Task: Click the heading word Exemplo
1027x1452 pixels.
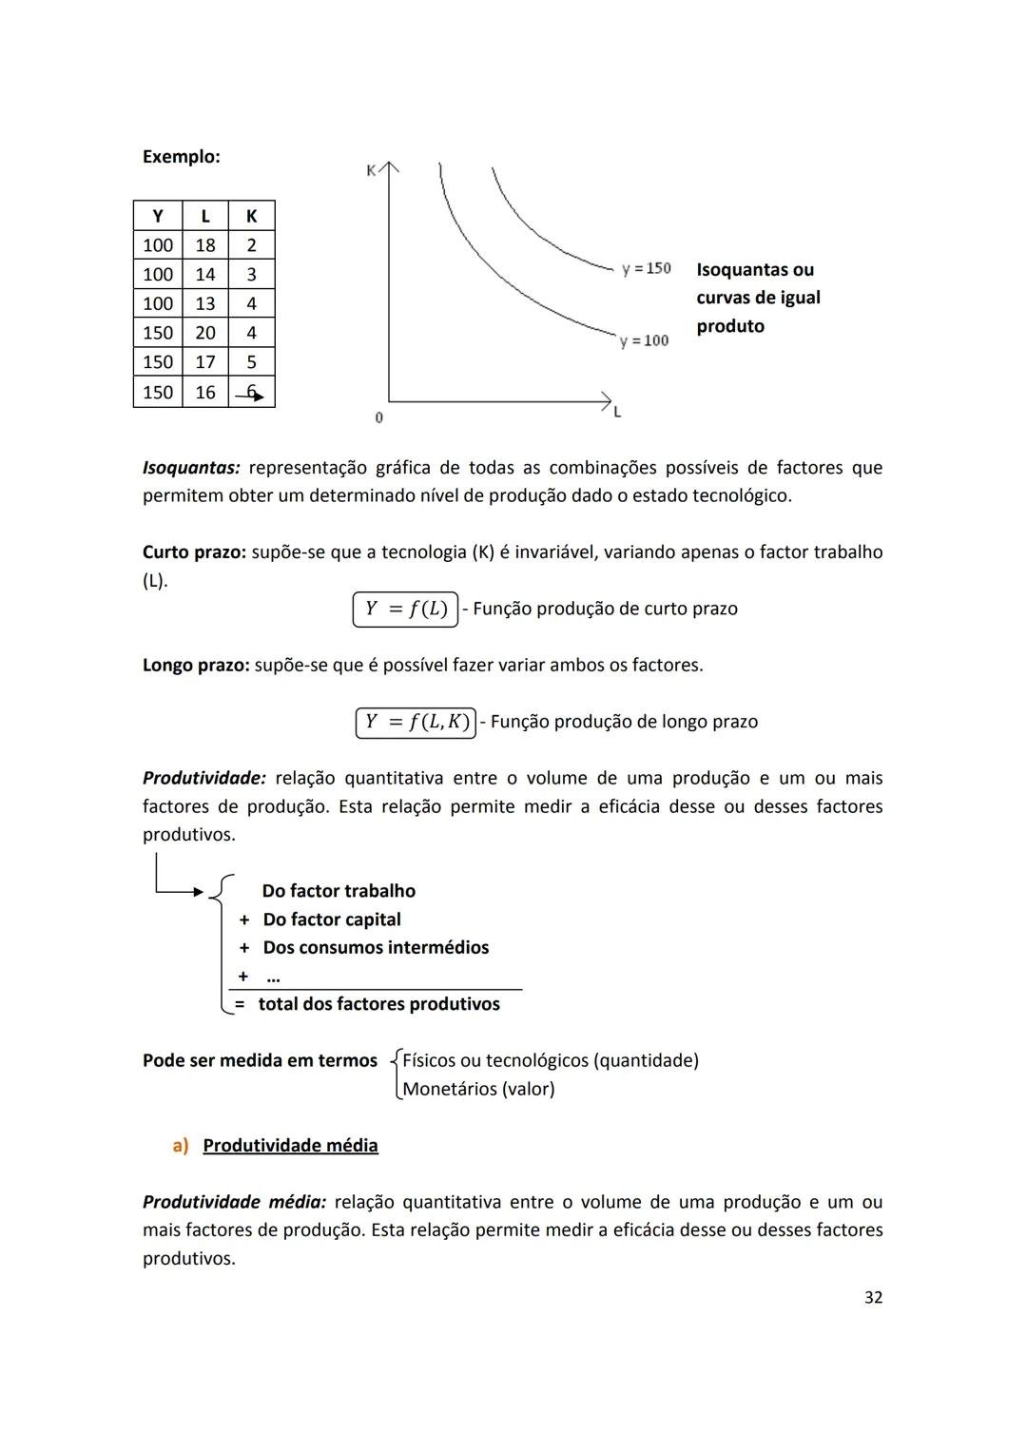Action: (181, 157)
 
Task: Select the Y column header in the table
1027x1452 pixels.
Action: (157, 216)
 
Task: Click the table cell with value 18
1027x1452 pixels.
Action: (205, 245)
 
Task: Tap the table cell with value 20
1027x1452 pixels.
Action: (205, 333)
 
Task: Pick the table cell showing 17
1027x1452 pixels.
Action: (205, 362)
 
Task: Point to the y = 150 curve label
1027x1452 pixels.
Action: (647, 269)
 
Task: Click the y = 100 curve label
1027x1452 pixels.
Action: (645, 340)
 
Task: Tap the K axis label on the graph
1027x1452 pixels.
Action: (371, 171)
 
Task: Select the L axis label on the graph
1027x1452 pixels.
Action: (617, 413)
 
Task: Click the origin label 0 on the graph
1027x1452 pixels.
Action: (378, 417)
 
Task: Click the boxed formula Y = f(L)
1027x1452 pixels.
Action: (406, 610)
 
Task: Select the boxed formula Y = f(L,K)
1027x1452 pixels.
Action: (417, 723)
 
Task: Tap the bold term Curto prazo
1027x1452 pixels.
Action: (194, 552)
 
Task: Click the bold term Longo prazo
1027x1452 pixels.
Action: (196, 666)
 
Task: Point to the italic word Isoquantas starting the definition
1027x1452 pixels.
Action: (190, 468)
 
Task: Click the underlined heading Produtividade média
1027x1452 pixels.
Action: (290, 1146)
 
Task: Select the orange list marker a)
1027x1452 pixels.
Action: (181, 1146)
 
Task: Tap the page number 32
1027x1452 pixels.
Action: (873, 1298)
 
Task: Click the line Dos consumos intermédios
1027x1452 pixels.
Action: (376, 948)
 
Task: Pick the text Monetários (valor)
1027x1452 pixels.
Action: (478, 1089)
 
